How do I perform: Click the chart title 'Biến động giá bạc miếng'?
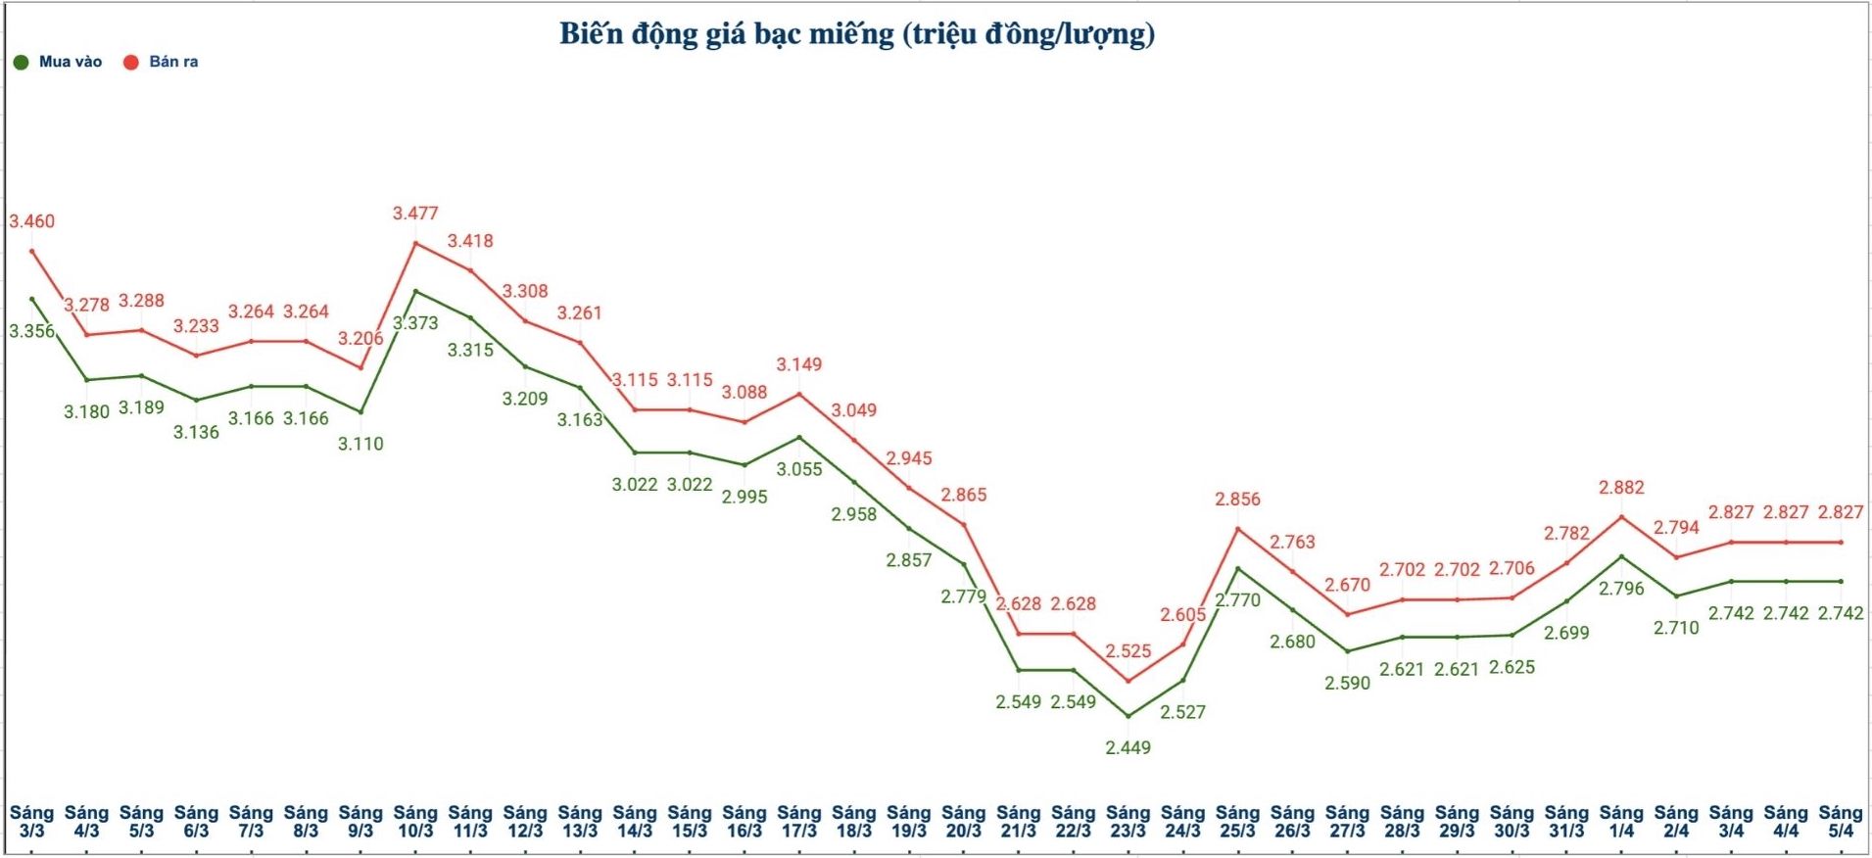[857, 34]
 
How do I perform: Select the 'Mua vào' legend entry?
[59, 62]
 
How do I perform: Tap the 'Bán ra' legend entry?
[162, 62]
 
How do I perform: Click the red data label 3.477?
[415, 214]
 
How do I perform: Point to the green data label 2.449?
[1128, 748]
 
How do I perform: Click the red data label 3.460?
[32, 221]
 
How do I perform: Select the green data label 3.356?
[32, 331]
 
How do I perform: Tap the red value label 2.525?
[1128, 651]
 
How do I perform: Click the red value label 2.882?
[1621, 488]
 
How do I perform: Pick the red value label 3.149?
[799, 364]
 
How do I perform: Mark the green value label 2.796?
[1621, 589]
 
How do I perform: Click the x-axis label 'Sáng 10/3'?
[415, 822]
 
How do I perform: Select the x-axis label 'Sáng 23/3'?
[1128, 822]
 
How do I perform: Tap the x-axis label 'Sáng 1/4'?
[1621, 822]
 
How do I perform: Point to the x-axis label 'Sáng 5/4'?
[1841, 822]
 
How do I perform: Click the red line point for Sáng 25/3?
[1238, 529]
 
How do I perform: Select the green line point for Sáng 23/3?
[1128, 716]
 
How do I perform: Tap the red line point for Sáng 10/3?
[415, 242]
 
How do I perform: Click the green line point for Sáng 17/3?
[799, 437]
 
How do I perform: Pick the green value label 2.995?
[744, 497]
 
